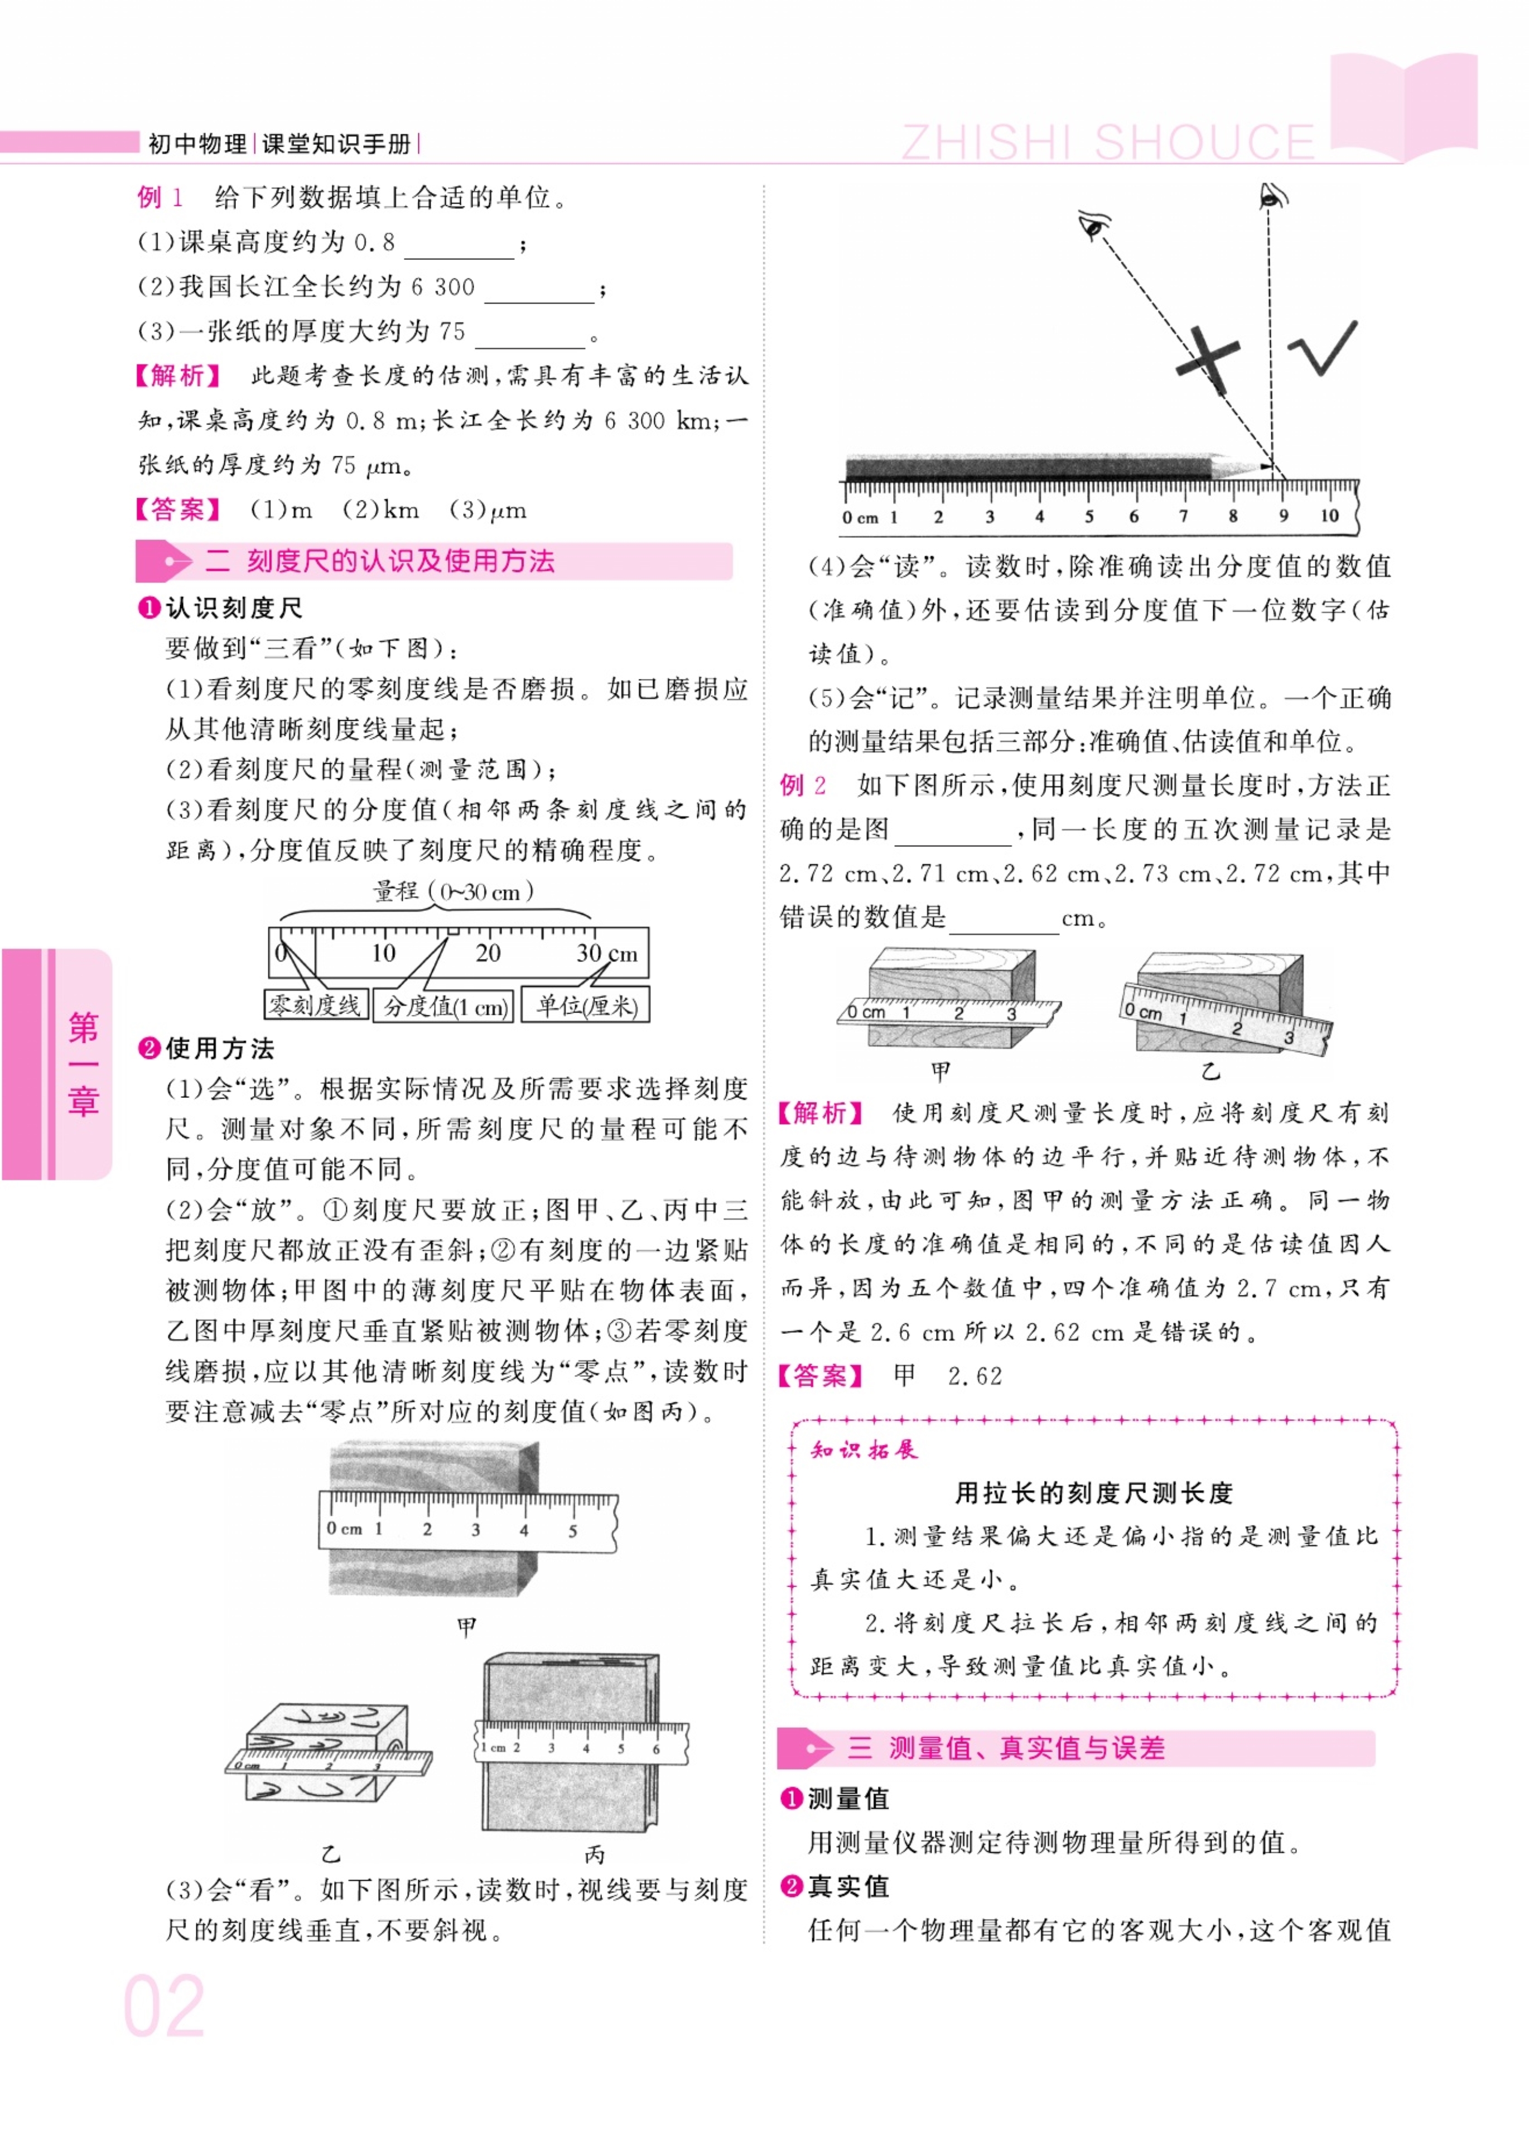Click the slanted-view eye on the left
1094,225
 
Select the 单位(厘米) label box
586,1006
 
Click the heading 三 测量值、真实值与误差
1006,1748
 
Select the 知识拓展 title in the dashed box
864,1449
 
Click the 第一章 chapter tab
83,1063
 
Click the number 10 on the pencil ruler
1329,515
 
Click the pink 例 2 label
803,785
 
